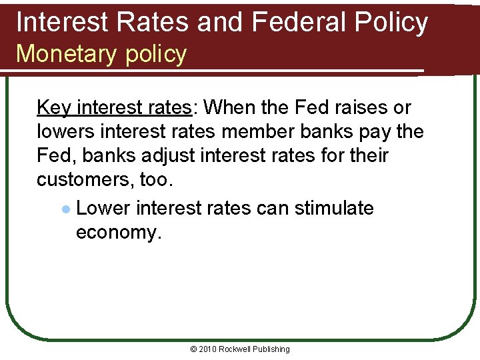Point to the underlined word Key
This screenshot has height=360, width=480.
54,107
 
